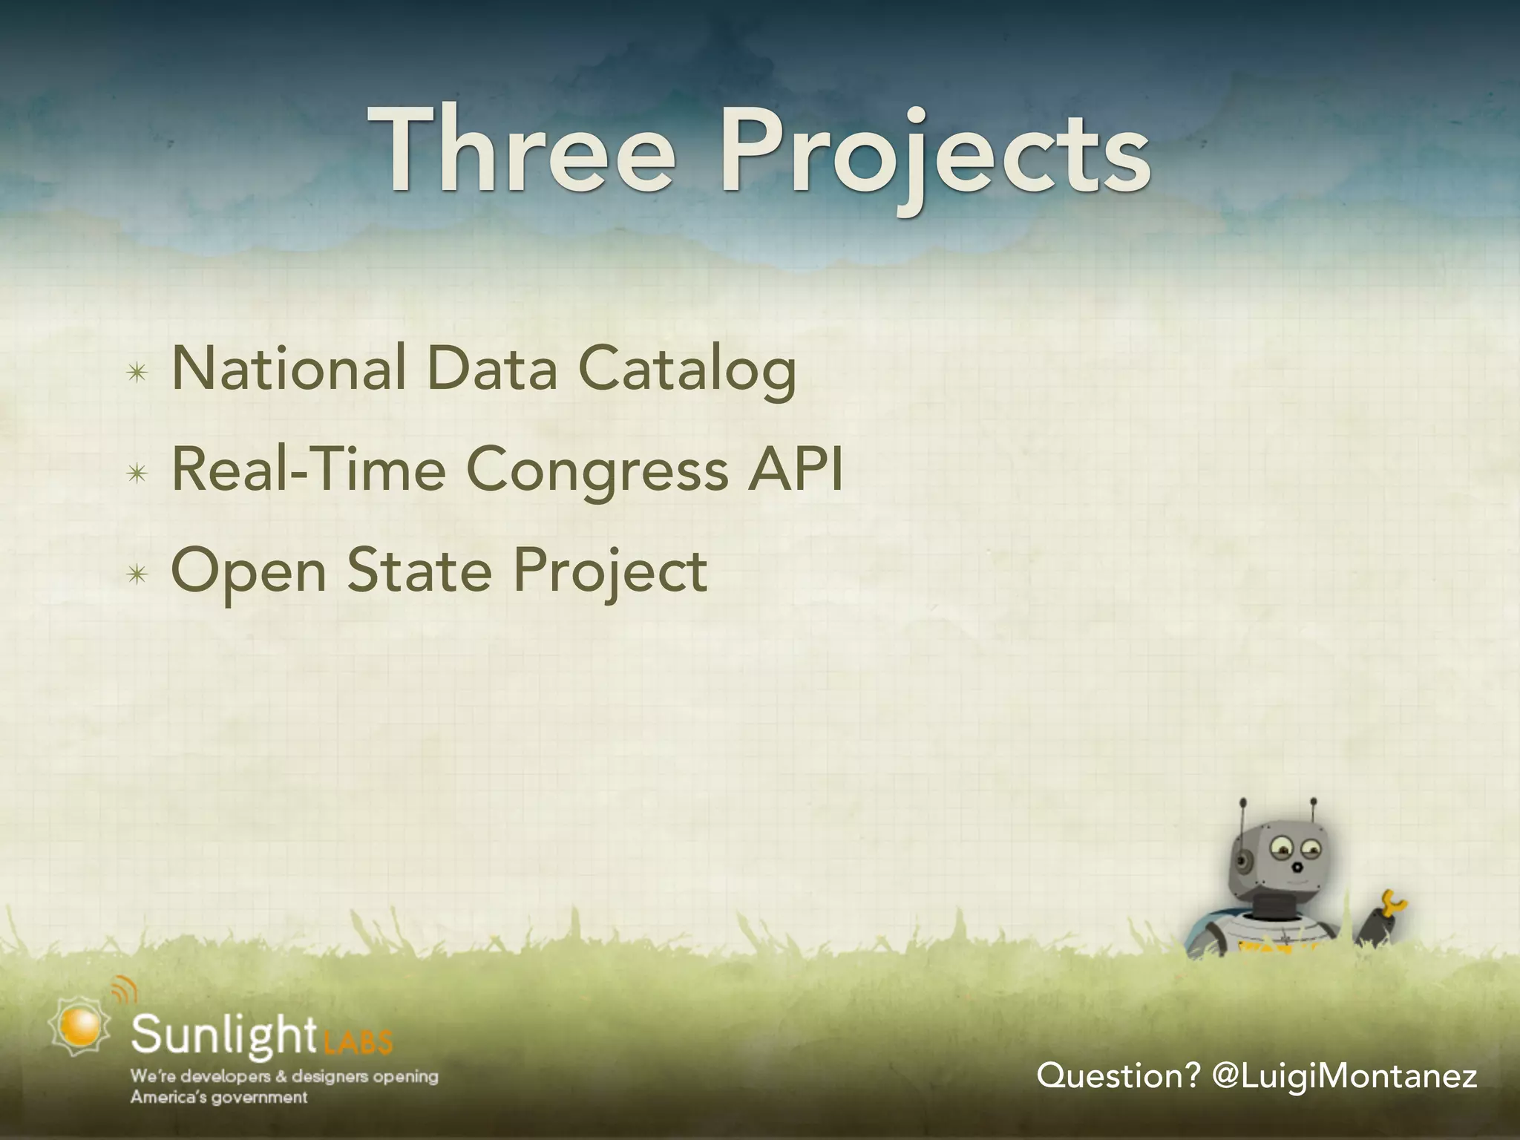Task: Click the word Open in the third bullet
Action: (249, 572)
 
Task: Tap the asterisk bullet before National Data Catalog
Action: (137, 373)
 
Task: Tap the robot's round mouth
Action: (1296, 867)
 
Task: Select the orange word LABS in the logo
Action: (358, 1044)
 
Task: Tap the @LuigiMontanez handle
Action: (1343, 1075)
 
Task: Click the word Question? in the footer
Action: (1118, 1075)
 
